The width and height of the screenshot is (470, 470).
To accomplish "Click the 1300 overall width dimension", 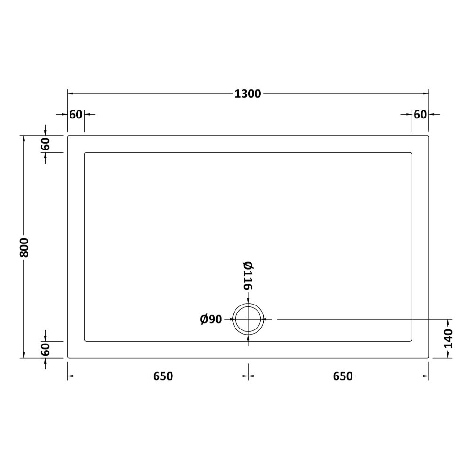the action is (248, 94).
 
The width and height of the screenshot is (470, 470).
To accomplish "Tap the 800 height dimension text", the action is (24, 248).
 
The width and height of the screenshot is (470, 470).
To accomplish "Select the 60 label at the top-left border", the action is (76, 115).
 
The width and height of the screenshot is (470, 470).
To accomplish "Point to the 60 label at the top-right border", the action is (420, 115).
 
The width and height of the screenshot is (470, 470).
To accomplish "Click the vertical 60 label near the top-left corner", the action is (45, 144).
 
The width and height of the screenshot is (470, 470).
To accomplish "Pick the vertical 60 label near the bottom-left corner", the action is (45, 350).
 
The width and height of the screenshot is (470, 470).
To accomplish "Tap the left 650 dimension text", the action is (163, 376).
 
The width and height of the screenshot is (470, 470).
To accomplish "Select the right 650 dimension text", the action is (343, 376).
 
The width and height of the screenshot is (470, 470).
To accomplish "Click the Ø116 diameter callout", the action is (248, 276).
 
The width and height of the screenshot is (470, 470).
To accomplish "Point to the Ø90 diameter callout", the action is (211, 320).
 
